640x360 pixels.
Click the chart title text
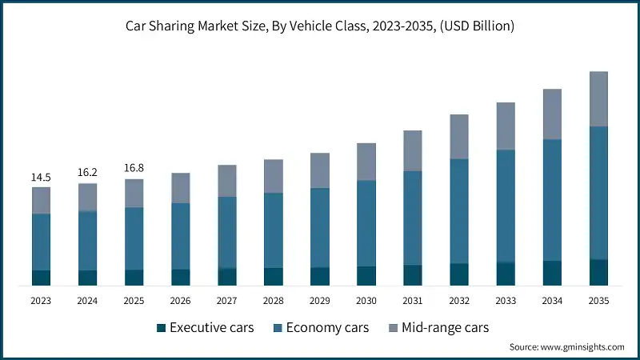tap(320, 26)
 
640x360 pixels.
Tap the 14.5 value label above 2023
tap(41, 177)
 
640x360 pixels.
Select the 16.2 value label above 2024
tap(87, 172)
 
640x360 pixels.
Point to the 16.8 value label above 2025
tap(134, 168)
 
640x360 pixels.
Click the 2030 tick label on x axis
tap(366, 301)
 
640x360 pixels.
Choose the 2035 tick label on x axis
tap(598, 301)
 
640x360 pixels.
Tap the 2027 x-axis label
tap(227, 301)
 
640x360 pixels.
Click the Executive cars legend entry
tap(205, 328)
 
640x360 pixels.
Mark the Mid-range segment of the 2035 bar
tap(598, 98)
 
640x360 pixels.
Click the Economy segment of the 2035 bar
tap(598, 193)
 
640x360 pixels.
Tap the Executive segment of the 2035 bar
tap(598, 272)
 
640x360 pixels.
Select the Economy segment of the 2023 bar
tap(41, 242)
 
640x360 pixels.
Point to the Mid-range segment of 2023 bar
tap(41, 200)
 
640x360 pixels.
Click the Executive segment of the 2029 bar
tap(320, 276)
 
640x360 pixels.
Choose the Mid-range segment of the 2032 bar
tap(459, 136)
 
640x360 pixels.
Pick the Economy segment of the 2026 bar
tap(181, 236)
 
